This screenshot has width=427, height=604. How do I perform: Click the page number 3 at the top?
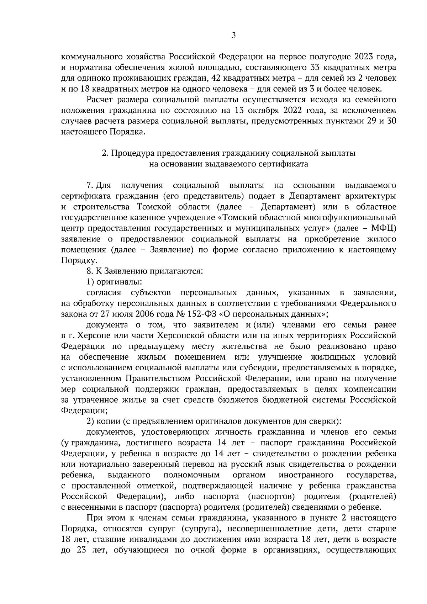(x=233, y=35)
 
